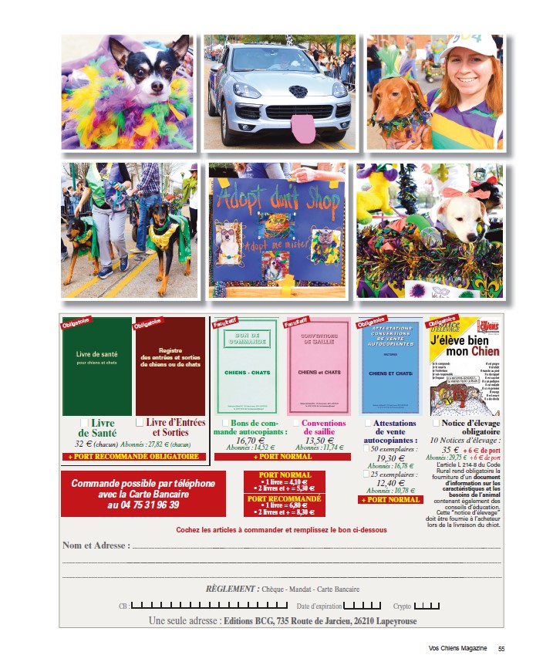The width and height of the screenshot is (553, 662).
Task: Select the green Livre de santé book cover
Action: coord(96,366)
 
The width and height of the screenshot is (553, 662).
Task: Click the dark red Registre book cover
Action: coord(170,366)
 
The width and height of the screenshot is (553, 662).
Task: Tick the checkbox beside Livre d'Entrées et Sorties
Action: coord(140,423)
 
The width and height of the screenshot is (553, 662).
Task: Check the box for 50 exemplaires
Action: coord(367,448)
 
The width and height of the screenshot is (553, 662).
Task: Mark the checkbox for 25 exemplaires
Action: coord(367,474)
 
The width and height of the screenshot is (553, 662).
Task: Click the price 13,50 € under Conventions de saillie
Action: coord(319,441)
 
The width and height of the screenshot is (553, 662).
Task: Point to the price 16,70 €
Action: coord(251,441)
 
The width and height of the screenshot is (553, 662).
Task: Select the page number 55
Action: coord(501,649)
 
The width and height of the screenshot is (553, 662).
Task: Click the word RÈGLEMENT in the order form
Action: coord(231,589)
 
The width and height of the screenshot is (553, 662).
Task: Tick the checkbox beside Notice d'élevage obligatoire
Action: coord(437,423)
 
